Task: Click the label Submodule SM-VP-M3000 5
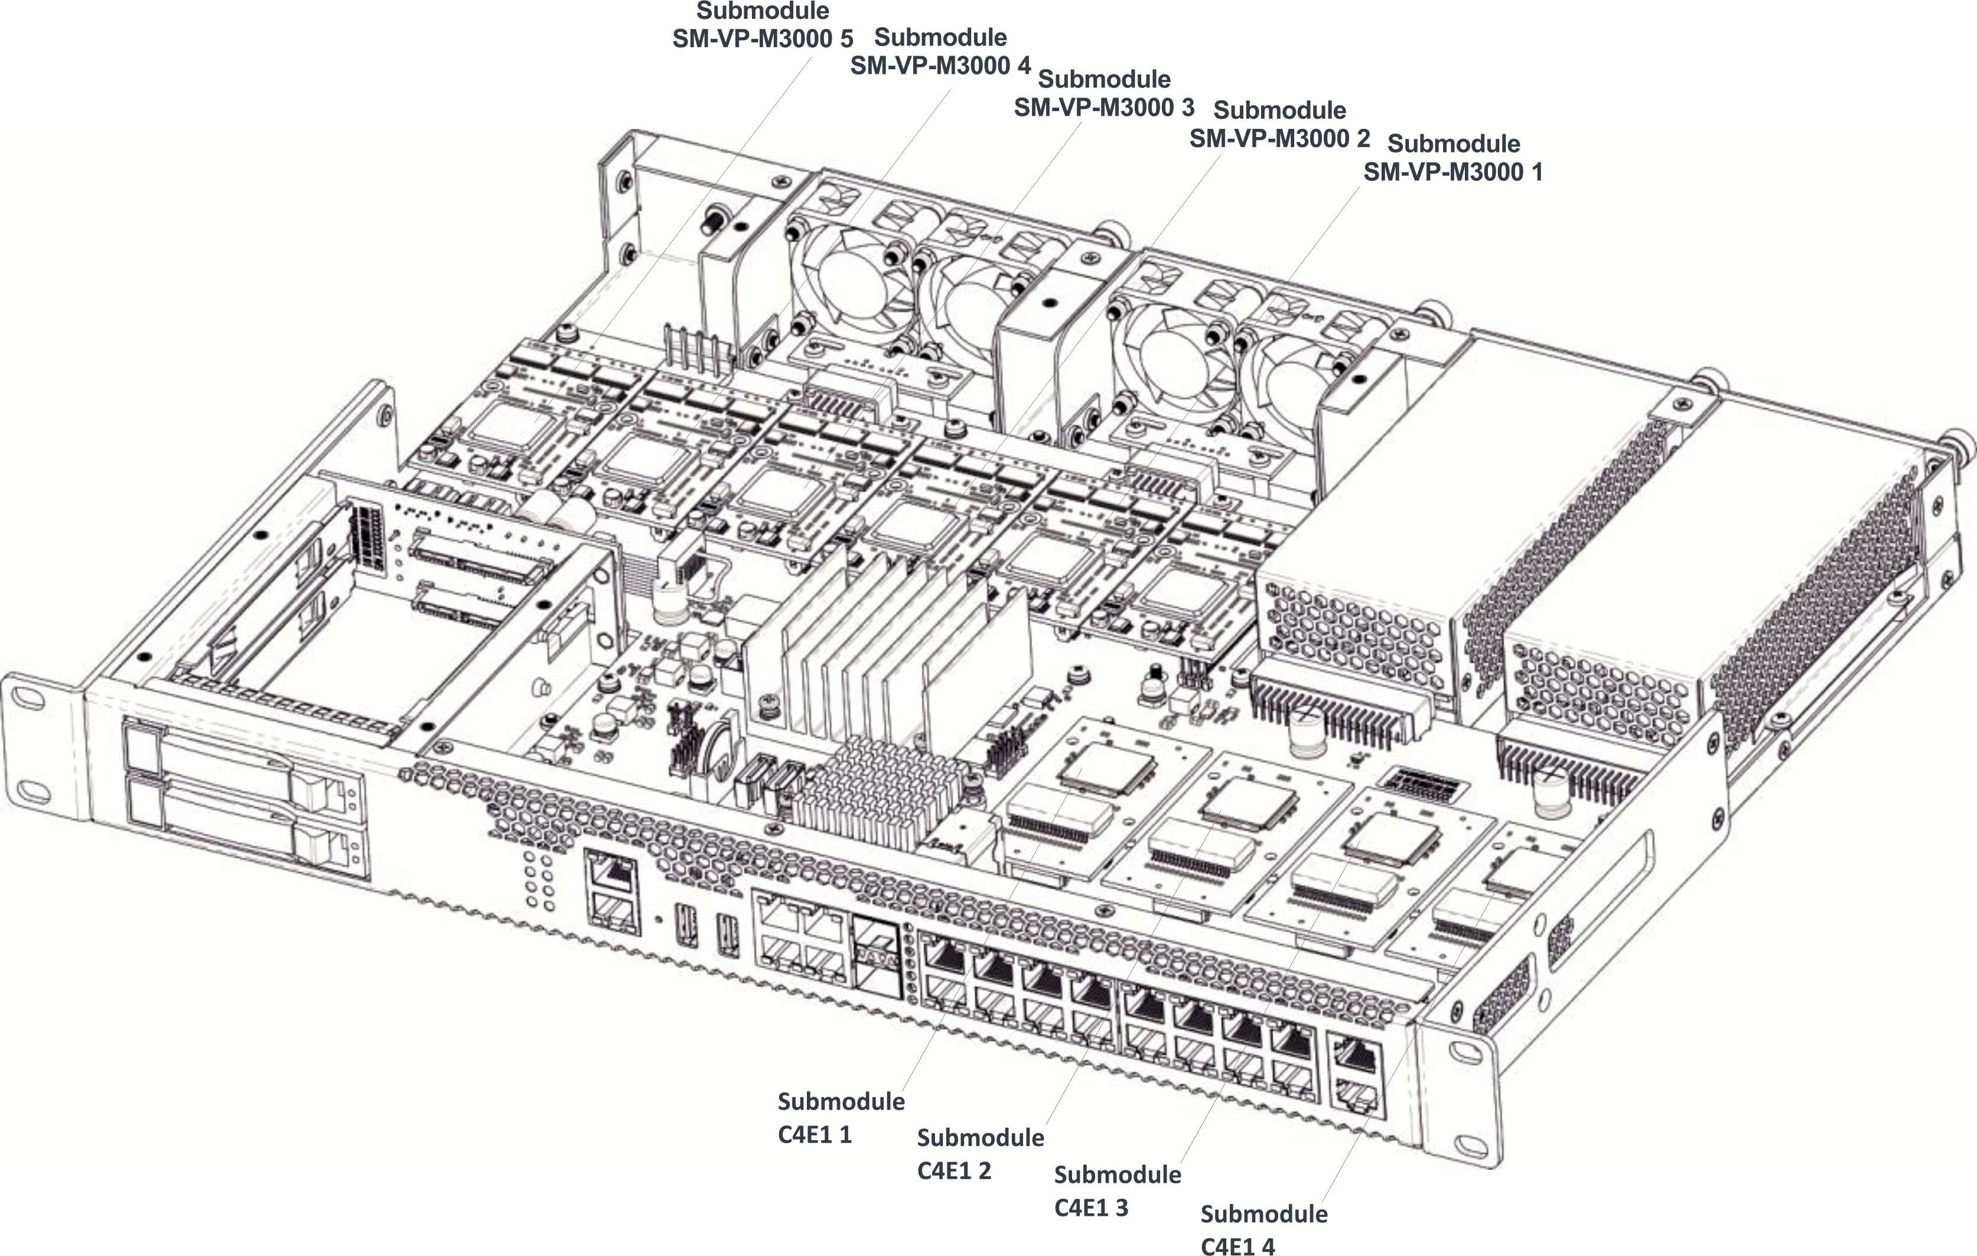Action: click(762, 25)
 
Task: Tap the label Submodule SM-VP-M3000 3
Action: click(1103, 93)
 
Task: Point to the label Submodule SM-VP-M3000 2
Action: click(1279, 125)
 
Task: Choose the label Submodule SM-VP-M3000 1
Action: click(1453, 158)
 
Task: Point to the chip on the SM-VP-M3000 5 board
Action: click(503, 427)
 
